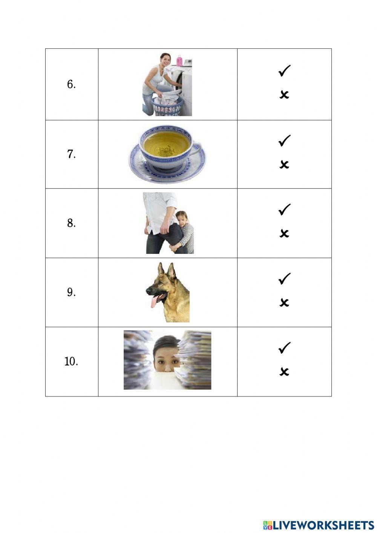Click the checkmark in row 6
(x=284, y=71)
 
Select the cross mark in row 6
(x=284, y=94)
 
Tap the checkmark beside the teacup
(x=284, y=141)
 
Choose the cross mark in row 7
(x=284, y=164)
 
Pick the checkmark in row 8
(x=284, y=209)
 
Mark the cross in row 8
(x=284, y=233)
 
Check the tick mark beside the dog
(x=284, y=279)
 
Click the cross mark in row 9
(x=284, y=302)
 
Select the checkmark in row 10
(x=284, y=347)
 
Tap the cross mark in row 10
(x=284, y=372)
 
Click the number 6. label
(x=71, y=84)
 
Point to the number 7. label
(x=71, y=154)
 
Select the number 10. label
(x=71, y=361)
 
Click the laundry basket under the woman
(x=167, y=106)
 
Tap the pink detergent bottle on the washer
(x=179, y=60)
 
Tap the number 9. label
(x=71, y=292)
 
